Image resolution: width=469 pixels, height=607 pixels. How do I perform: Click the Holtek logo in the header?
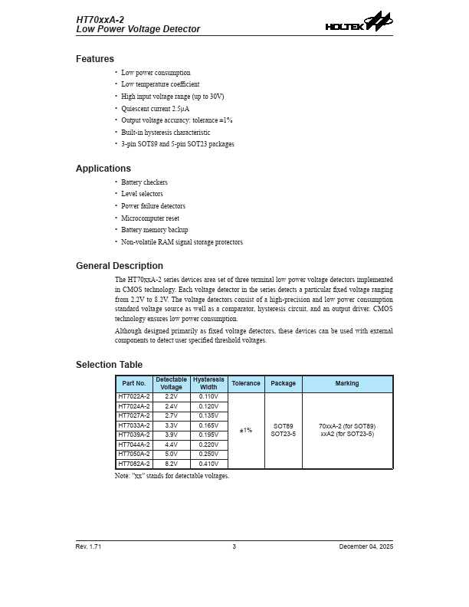[x=359, y=22]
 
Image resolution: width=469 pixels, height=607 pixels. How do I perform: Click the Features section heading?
[x=95, y=59]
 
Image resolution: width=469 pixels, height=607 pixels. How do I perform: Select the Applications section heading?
[x=103, y=169]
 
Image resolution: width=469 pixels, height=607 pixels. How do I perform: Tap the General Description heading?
[x=120, y=266]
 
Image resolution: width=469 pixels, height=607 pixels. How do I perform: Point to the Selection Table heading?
[x=109, y=365]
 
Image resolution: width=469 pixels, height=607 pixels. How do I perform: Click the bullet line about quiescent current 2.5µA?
[x=156, y=109]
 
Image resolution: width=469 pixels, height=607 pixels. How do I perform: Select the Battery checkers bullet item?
[x=144, y=182]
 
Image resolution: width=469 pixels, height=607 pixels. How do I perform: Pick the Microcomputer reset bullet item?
[x=150, y=218]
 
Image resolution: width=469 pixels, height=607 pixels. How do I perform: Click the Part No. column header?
[x=134, y=384]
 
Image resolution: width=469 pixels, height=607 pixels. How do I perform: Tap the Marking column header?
[x=347, y=384]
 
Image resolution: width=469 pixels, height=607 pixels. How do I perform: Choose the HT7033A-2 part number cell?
[x=134, y=425]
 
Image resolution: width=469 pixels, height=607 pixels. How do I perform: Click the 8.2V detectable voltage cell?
[x=171, y=464]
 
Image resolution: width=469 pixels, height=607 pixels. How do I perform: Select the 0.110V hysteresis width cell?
[x=208, y=397]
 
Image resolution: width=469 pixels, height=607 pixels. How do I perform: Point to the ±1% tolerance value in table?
[x=246, y=431]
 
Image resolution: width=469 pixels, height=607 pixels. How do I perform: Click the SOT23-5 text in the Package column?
[x=284, y=435]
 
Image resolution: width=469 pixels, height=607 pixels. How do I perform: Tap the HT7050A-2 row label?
[x=134, y=454]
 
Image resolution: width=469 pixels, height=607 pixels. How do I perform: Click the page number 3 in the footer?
[x=235, y=546]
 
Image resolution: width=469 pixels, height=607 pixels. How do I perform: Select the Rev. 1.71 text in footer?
[x=88, y=546]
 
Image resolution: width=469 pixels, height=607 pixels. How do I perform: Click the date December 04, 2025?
[x=366, y=546]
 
